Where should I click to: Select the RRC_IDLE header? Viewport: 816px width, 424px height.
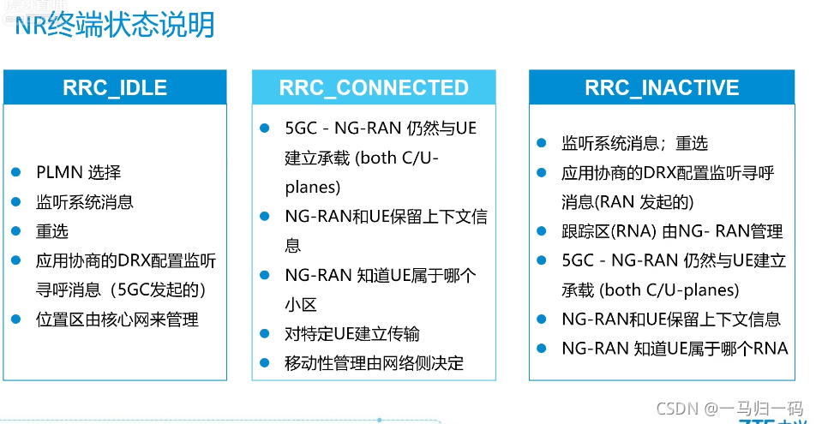[x=115, y=87]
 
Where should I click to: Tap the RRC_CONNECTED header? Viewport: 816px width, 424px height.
[x=374, y=87]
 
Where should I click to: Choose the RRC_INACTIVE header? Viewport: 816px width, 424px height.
[x=662, y=87]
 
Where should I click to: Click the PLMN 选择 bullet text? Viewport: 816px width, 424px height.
[x=78, y=173]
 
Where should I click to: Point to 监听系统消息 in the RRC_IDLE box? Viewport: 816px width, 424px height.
[x=85, y=202]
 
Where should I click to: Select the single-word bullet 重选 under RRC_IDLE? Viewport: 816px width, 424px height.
[x=52, y=231]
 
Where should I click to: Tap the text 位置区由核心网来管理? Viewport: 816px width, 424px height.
[x=117, y=319]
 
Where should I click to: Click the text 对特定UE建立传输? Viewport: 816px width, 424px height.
[x=352, y=334]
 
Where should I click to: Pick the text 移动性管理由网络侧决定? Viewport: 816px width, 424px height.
[x=375, y=363]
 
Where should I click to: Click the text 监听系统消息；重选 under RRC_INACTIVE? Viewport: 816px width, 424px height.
[x=634, y=144]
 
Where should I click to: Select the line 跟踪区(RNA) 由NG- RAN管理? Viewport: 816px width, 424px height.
[x=672, y=231]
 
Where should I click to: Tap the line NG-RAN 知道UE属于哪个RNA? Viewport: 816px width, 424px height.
[x=674, y=348]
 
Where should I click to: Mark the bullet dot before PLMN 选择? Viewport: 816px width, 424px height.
[x=15, y=172]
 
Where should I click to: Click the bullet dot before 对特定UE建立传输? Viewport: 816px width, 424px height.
[x=265, y=333]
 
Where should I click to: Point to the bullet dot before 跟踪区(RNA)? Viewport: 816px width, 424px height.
[x=542, y=230]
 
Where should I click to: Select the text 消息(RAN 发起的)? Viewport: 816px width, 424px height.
[x=627, y=202]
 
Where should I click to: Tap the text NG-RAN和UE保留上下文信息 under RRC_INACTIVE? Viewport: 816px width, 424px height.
[x=670, y=319]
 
